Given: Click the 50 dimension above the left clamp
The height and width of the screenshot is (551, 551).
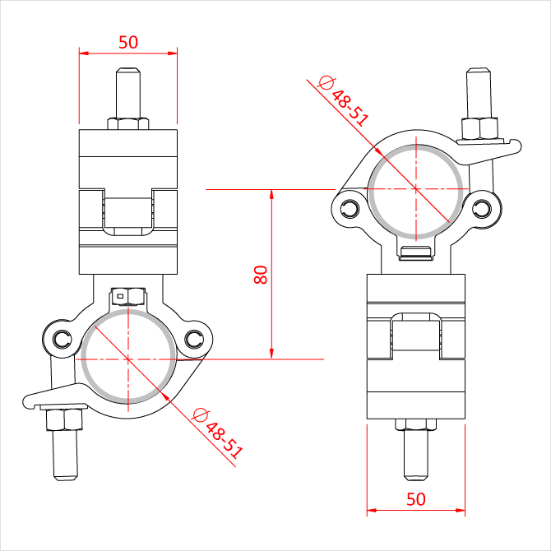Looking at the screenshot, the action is pos(128,43).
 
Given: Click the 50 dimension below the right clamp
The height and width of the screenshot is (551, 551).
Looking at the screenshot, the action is pos(415,499).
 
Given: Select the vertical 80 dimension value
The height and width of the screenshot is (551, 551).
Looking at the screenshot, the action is pos(261,275).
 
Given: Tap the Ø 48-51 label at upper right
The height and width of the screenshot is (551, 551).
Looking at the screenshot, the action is pos(343,101).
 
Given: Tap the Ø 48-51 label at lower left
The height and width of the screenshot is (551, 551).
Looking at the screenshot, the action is pos(217,433).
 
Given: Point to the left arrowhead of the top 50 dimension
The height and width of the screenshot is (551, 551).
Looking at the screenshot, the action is pos(84,53).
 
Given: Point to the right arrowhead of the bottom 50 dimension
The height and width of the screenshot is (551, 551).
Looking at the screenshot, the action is pos(460,510).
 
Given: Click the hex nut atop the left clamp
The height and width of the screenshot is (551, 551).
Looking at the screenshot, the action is pos(128,123).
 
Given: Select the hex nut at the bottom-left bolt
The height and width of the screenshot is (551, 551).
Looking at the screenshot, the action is pos(64,420).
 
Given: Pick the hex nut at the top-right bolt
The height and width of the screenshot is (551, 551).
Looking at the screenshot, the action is pos(479,129).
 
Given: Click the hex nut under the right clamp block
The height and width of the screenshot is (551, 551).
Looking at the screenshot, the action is pos(415,424).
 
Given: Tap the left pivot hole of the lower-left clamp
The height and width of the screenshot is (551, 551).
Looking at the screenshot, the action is pos(63,340).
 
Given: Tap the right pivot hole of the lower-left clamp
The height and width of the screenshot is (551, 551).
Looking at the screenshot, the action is pos(194,340).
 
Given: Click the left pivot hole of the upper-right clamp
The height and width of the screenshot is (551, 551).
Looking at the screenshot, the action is pos(350,209).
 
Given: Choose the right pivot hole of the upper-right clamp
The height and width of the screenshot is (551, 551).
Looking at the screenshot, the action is pos(482,209).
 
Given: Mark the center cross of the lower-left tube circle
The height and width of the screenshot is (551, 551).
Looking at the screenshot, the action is pos(128,359).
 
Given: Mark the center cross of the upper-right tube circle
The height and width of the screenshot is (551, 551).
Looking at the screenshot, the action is pos(416,189).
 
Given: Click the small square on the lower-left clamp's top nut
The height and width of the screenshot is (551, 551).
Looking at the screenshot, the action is pos(120,296).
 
